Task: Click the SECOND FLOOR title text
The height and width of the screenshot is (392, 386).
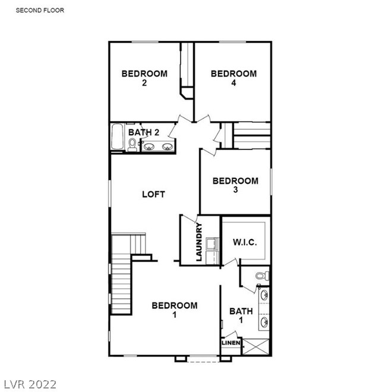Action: pos(40,10)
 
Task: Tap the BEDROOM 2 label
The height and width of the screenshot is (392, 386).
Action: pos(144,78)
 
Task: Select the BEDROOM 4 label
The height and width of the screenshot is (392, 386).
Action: pos(233,78)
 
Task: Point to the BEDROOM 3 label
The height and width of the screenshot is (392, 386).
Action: pos(235,185)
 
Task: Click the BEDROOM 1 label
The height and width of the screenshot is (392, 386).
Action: pos(175,310)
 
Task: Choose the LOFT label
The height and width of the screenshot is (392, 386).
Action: pos(153,195)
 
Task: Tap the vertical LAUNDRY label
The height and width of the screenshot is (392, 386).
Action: pos(199,242)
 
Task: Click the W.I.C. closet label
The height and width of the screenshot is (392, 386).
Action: pos(245,242)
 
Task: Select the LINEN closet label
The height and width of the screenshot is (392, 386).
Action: pos(231,343)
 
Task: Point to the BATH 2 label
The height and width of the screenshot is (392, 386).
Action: pos(144,132)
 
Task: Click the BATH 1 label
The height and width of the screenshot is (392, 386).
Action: pos(241,315)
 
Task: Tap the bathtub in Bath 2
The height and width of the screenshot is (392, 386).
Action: pos(117,136)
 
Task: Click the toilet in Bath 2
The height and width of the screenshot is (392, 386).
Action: pos(132,145)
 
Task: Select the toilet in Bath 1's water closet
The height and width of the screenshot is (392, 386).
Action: pos(262,276)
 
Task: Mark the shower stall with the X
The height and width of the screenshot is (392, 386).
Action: pos(255,346)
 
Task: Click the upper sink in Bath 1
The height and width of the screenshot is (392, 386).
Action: pos(264,295)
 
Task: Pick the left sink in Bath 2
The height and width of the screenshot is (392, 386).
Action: pos(148,146)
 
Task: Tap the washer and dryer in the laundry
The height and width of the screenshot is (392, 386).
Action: pos(212,251)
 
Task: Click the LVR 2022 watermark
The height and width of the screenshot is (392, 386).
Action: pos(30,384)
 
